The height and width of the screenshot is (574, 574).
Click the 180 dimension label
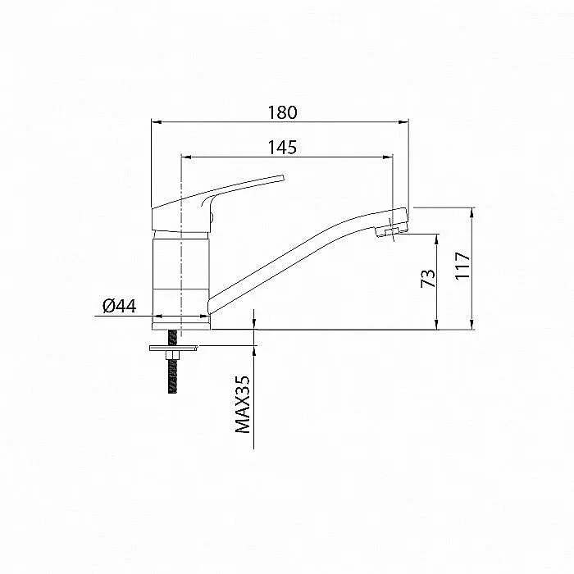(x=282, y=112)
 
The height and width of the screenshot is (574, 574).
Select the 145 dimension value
(x=282, y=147)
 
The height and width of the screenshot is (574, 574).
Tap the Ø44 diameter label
(x=120, y=306)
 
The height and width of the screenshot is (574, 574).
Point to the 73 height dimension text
(x=428, y=278)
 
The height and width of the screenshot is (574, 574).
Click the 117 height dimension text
(x=462, y=266)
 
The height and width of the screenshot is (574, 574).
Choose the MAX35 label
(x=243, y=404)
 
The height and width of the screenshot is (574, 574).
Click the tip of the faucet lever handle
(x=282, y=178)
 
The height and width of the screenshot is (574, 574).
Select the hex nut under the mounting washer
(x=172, y=355)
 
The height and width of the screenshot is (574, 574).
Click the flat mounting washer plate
(x=174, y=348)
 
